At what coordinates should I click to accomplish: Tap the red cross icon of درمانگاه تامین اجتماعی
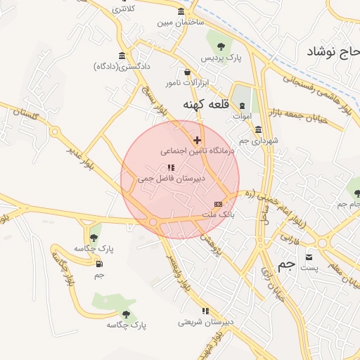[197, 141]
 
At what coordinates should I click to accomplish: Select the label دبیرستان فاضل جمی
[170, 179]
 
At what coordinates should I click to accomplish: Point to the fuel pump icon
[98, 264]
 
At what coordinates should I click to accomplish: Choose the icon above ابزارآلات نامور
[186, 72]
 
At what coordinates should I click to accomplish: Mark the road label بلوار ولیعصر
[181, 277]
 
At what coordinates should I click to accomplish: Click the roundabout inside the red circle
[153, 222]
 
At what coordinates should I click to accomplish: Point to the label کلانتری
[122, 8]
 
